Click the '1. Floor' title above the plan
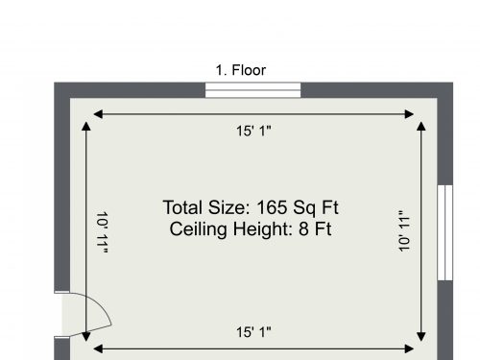(x=241, y=70)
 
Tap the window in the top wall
(x=252, y=90)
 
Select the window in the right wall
(x=445, y=232)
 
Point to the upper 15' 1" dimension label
(x=253, y=132)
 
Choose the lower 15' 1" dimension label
(x=253, y=332)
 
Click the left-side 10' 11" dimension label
(x=102, y=232)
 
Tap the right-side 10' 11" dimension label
(x=404, y=231)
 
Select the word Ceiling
(x=199, y=229)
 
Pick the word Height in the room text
(x=263, y=229)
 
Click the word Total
(x=183, y=207)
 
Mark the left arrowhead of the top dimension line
(x=98, y=114)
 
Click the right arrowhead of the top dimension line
(x=409, y=114)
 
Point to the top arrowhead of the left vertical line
(x=86, y=126)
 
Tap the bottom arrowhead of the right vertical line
(x=421, y=337)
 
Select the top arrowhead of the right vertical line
(x=421, y=126)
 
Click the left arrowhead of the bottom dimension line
(x=98, y=348)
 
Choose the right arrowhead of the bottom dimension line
(x=409, y=348)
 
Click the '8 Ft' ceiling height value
(x=315, y=229)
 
